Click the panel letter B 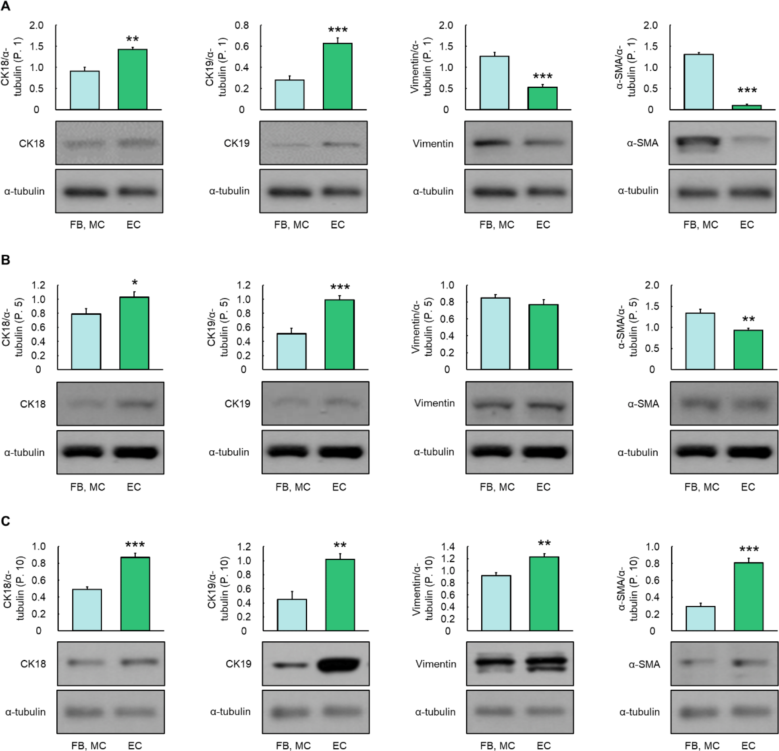point(6,260)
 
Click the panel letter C point(6,521)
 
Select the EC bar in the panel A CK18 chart point(132,79)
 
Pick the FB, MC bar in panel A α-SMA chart point(698,82)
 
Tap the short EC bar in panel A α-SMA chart point(746,107)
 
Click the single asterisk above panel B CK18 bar point(135,283)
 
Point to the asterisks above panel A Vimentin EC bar point(542,76)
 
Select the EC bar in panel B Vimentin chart point(543,337)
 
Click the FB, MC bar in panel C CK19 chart point(292,615)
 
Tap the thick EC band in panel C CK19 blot point(339,664)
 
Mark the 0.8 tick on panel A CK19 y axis point(242,25)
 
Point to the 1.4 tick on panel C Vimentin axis point(448,547)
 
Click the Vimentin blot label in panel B point(434,403)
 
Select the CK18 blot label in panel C point(33,664)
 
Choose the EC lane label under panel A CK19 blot point(338,225)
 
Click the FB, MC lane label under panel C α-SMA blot point(702,746)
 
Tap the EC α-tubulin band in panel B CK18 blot point(135,452)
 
